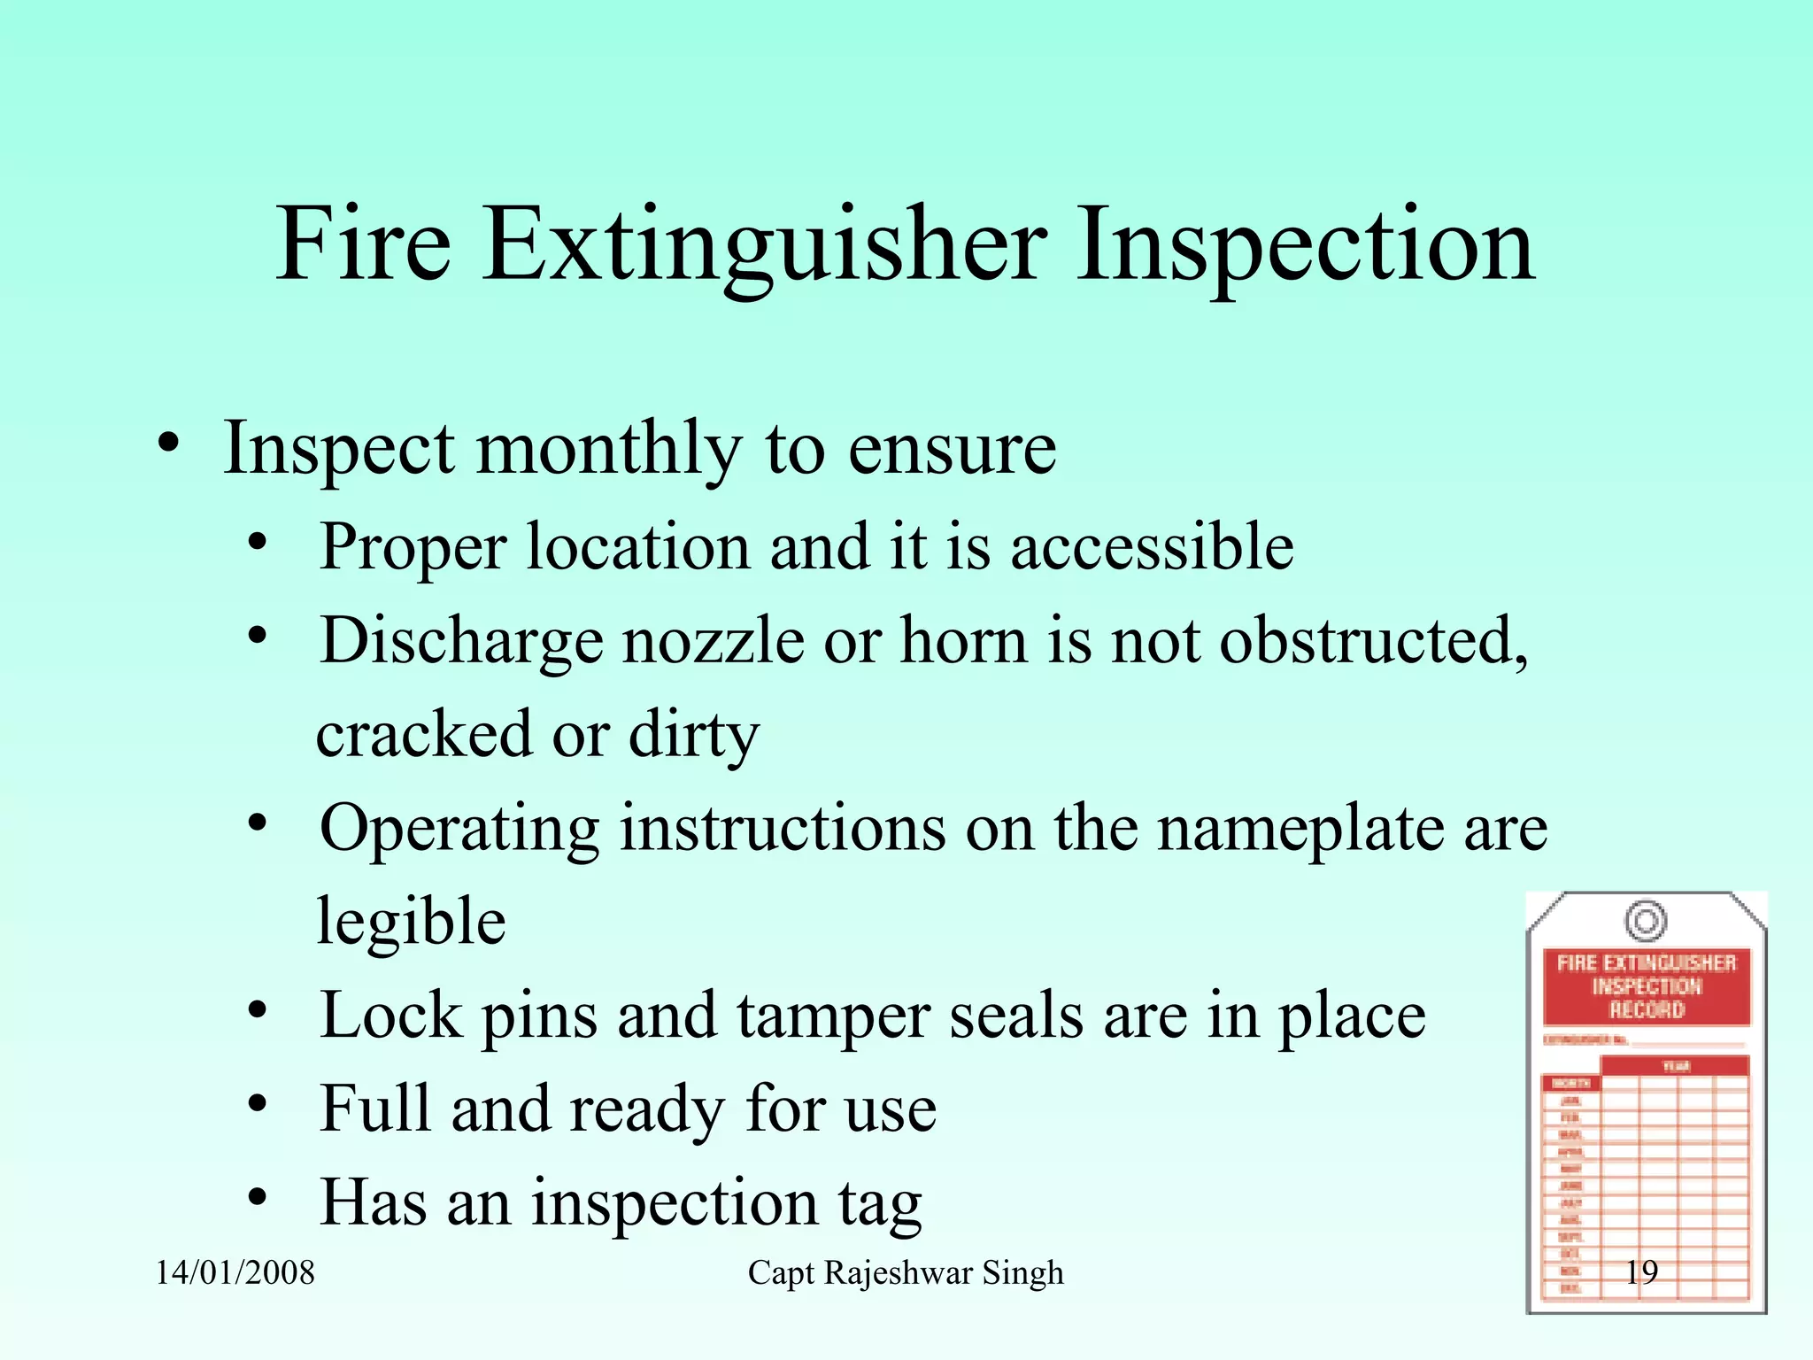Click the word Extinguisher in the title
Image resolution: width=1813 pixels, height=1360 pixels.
pos(766,245)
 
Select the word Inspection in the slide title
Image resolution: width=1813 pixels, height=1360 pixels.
pos(1305,245)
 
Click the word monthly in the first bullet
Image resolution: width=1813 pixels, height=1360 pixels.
pos(609,450)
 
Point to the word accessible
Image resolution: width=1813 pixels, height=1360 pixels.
pos(1152,547)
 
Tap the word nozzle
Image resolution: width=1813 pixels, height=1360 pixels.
pos(714,641)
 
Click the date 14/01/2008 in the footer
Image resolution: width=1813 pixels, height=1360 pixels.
pos(235,1273)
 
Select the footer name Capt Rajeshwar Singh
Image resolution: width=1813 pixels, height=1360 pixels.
pos(906,1273)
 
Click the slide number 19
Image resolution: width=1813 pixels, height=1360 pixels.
pos(1641,1272)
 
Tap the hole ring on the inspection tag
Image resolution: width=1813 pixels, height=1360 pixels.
pos(1646,921)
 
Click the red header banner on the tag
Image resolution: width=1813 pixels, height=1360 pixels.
pos(1647,986)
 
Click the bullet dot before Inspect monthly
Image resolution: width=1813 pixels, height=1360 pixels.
pos(169,444)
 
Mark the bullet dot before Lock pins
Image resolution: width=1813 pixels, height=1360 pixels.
pos(258,1010)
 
